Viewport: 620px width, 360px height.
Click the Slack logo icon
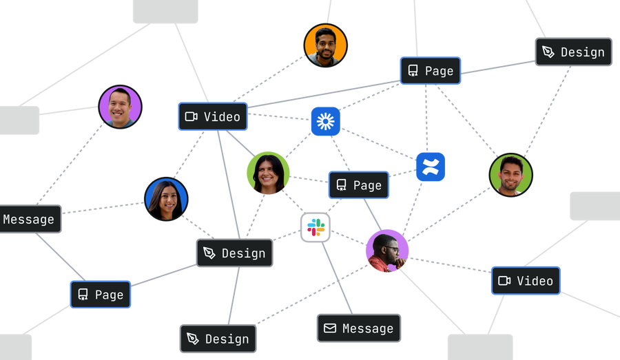316,227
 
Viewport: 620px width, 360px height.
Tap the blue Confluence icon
431,167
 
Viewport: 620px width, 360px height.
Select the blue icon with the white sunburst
325,121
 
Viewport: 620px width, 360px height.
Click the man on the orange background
325,45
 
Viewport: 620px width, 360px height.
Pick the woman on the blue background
166,199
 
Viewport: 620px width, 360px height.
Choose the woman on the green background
268,173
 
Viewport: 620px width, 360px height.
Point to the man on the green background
511,175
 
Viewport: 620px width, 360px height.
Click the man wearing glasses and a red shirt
387,251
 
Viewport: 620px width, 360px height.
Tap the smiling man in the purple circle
120,107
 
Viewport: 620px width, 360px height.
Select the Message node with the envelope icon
359,328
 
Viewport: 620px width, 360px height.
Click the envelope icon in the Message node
330,328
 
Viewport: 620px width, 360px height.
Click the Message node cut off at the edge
30,219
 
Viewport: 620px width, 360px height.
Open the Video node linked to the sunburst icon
213,116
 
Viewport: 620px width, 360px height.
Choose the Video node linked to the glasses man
526,281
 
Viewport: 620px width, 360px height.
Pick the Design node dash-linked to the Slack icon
234,253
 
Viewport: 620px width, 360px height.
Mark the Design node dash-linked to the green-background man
574,52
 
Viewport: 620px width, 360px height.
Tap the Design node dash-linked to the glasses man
218,339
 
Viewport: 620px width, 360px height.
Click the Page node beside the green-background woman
359,185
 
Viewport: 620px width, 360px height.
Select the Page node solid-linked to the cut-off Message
101,295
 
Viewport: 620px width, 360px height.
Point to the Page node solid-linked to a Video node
431,71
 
